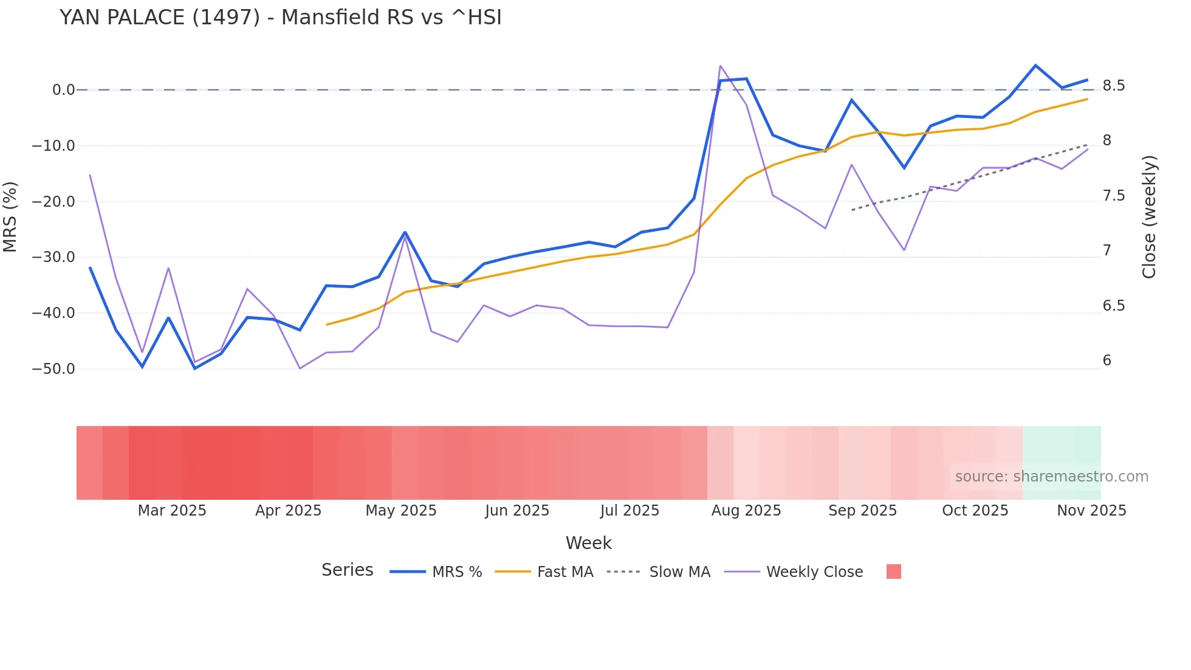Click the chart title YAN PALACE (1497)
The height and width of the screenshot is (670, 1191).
(280, 18)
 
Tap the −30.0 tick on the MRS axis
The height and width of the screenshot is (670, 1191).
(53, 257)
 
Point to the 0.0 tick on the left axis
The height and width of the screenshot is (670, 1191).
(63, 90)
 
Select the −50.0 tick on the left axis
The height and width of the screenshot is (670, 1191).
(53, 369)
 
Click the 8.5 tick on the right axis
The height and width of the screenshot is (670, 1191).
(1114, 86)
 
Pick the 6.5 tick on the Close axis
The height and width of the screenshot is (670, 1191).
(1114, 306)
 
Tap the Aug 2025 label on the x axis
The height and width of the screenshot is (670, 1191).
(746, 511)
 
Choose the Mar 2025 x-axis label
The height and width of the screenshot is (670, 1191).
(172, 511)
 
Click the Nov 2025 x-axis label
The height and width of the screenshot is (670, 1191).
(1091, 511)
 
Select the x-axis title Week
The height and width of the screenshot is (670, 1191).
(588, 543)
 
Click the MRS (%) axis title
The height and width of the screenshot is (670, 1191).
(10, 216)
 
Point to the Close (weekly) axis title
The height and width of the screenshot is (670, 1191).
(1149, 217)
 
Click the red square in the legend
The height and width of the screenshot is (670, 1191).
(893, 572)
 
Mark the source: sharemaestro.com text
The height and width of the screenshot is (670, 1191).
(1051, 477)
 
